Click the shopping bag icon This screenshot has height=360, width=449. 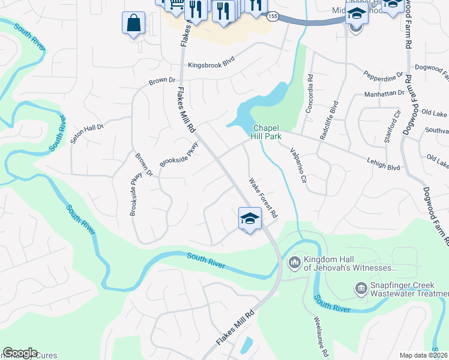click(x=133, y=23)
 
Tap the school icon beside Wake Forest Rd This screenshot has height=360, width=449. click(x=250, y=219)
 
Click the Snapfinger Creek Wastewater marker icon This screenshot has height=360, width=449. click(x=361, y=289)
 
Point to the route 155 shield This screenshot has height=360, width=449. click(x=273, y=16)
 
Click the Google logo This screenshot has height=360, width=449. click(x=20, y=352)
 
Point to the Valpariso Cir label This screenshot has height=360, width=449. click(x=298, y=165)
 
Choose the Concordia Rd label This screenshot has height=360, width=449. click(x=310, y=95)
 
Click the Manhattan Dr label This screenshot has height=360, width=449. click(x=385, y=94)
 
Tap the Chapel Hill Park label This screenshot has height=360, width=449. click(x=267, y=132)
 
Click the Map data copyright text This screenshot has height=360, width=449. click(x=424, y=355)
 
